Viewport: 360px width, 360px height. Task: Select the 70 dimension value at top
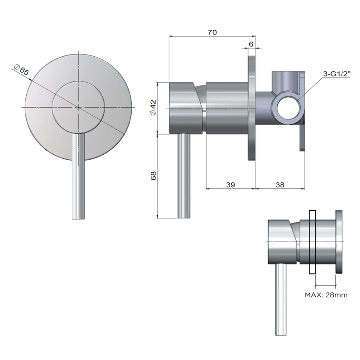(212, 32)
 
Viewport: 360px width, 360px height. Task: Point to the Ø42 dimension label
(153, 107)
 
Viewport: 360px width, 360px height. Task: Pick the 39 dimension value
(230, 185)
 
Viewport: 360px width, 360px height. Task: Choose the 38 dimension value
(280, 185)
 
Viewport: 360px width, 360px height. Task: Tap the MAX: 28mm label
(326, 295)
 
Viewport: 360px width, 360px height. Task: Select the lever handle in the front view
(78, 176)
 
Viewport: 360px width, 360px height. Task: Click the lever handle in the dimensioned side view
(184, 176)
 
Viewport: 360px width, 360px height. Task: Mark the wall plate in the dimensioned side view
(252, 107)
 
